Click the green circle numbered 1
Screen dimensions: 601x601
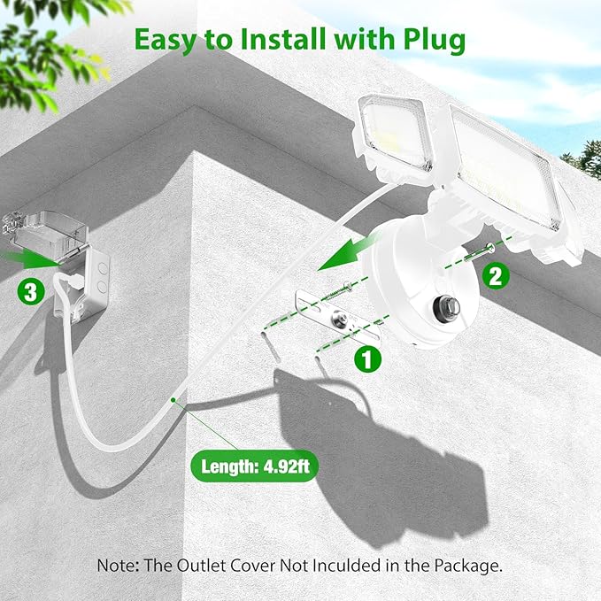(367, 359)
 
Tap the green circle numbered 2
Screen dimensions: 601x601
(496, 275)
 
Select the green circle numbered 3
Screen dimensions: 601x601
(31, 292)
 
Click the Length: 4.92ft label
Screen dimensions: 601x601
(255, 466)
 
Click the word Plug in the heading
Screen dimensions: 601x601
(434, 41)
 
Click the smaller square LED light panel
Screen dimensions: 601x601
(395, 135)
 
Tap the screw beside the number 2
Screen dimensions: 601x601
(480, 253)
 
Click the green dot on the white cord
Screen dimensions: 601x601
(173, 400)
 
